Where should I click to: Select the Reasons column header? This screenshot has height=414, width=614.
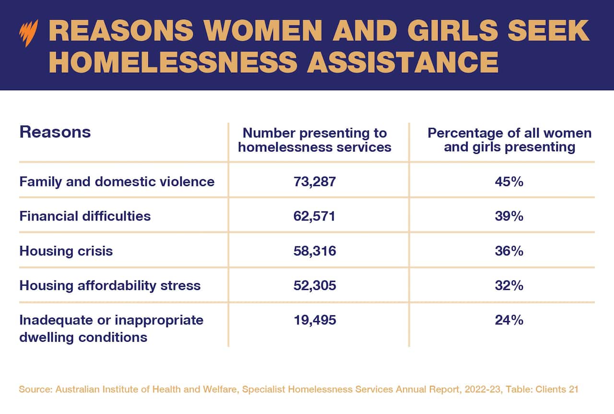coord(55,132)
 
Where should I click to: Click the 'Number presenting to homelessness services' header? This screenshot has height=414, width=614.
coord(315,139)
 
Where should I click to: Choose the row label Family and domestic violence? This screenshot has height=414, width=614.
coord(117,182)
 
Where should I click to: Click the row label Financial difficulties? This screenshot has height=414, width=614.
coord(85,216)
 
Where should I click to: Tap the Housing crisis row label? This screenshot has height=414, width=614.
coord(66,251)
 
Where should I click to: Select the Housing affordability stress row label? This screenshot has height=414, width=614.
coord(110,286)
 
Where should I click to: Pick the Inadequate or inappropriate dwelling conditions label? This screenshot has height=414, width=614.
coord(111,328)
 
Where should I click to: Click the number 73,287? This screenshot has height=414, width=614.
coord(315,182)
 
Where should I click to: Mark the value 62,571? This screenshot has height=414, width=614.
coord(315,216)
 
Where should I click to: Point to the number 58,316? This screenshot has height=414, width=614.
coord(315,251)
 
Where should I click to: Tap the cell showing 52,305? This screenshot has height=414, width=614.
coord(315,286)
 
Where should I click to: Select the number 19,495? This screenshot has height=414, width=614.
coord(315,320)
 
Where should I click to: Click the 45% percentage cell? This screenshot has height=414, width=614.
coord(509,182)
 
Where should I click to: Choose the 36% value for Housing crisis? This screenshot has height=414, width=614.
coord(509,251)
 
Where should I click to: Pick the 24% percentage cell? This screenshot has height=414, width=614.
coord(509,320)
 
